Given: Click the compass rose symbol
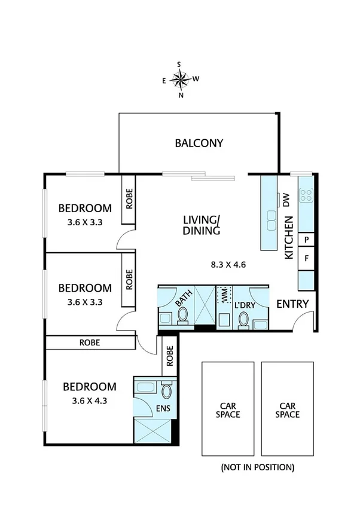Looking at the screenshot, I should (180, 78).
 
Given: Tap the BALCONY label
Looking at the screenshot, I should (199, 143).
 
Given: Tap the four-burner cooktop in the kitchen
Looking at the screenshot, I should (306, 195).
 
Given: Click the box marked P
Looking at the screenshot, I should (306, 240).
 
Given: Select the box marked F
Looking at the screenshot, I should (306, 259).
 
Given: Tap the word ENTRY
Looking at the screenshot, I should (292, 304).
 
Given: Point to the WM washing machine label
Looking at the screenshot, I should (225, 295).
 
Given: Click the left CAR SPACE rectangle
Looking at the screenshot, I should (227, 410).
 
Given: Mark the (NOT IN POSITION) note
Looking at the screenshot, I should (257, 466).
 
